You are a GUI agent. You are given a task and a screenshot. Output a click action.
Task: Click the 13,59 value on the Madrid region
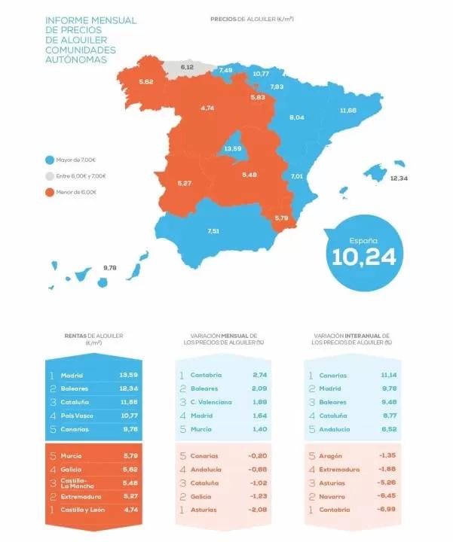tap(232, 148)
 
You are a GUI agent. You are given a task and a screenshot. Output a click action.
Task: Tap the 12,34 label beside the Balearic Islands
tap(399, 178)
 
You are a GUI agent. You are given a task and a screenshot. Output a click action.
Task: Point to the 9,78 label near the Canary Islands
tap(110, 267)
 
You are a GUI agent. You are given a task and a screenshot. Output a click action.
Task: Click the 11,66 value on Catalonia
tap(347, 110)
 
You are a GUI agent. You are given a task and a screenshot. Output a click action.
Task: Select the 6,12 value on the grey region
tap(187, 67)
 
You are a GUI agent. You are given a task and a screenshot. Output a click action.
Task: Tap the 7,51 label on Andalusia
tap(213, 230)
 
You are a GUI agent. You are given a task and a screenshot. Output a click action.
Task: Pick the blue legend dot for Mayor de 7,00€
tap(49, 160)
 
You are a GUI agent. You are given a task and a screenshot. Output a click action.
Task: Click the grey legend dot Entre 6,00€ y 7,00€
tap(49, 175)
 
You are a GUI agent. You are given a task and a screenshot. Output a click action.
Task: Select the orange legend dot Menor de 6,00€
tap(49, 192)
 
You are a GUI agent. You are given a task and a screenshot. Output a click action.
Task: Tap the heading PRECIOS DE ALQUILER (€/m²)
tap(252, 17)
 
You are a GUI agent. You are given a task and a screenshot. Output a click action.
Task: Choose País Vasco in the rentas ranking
tap(78, 416)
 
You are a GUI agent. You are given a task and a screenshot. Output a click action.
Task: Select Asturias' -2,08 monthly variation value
tap(259, 510)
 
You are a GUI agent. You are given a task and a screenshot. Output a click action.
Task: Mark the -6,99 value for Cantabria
tap(387, 510)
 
